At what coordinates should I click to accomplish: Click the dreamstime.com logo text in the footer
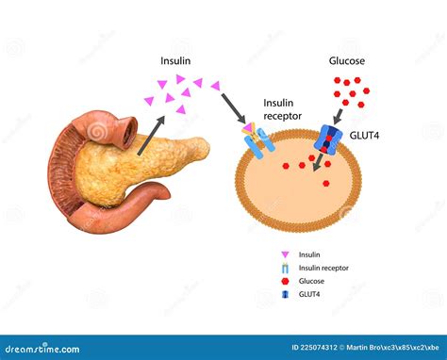(x=42, y=349)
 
